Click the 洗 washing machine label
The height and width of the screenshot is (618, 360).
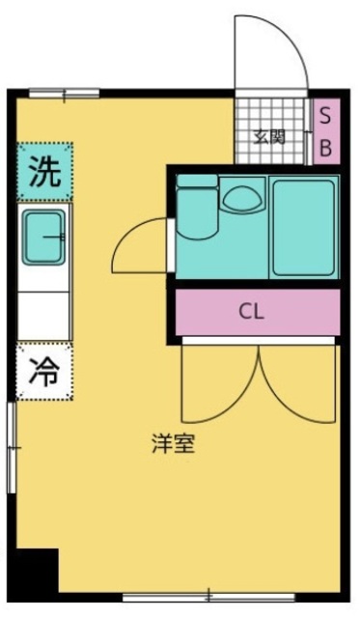point(45,172)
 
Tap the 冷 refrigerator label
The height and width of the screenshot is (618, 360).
point(44,371)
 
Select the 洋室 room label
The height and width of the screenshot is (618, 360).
point(174,443)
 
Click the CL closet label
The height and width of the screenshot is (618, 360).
point(251,312)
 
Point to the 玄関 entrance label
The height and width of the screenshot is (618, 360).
point(269,137)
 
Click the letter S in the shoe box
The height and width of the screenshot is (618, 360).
point(325,116)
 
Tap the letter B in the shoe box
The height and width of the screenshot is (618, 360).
point(325,148)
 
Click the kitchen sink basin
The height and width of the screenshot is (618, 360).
point(43,237)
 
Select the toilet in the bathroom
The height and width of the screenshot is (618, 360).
point(197,208)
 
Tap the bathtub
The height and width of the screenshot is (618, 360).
point(304,228)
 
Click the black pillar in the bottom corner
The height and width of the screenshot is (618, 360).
point(37,571)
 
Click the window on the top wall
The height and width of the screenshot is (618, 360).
point(65,94)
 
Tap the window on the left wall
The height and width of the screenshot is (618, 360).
point(12,447)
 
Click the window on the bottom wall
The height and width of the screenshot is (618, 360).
point(208,597)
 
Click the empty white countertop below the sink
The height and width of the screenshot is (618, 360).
point(43,316)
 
